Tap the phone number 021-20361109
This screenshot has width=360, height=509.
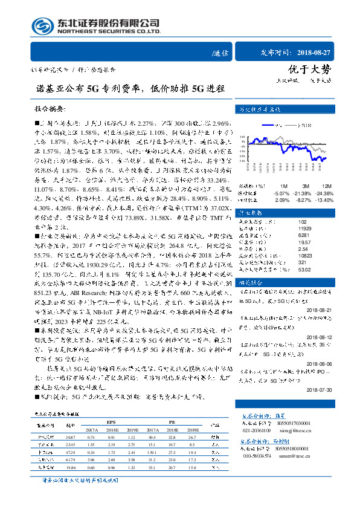pos(256,430)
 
